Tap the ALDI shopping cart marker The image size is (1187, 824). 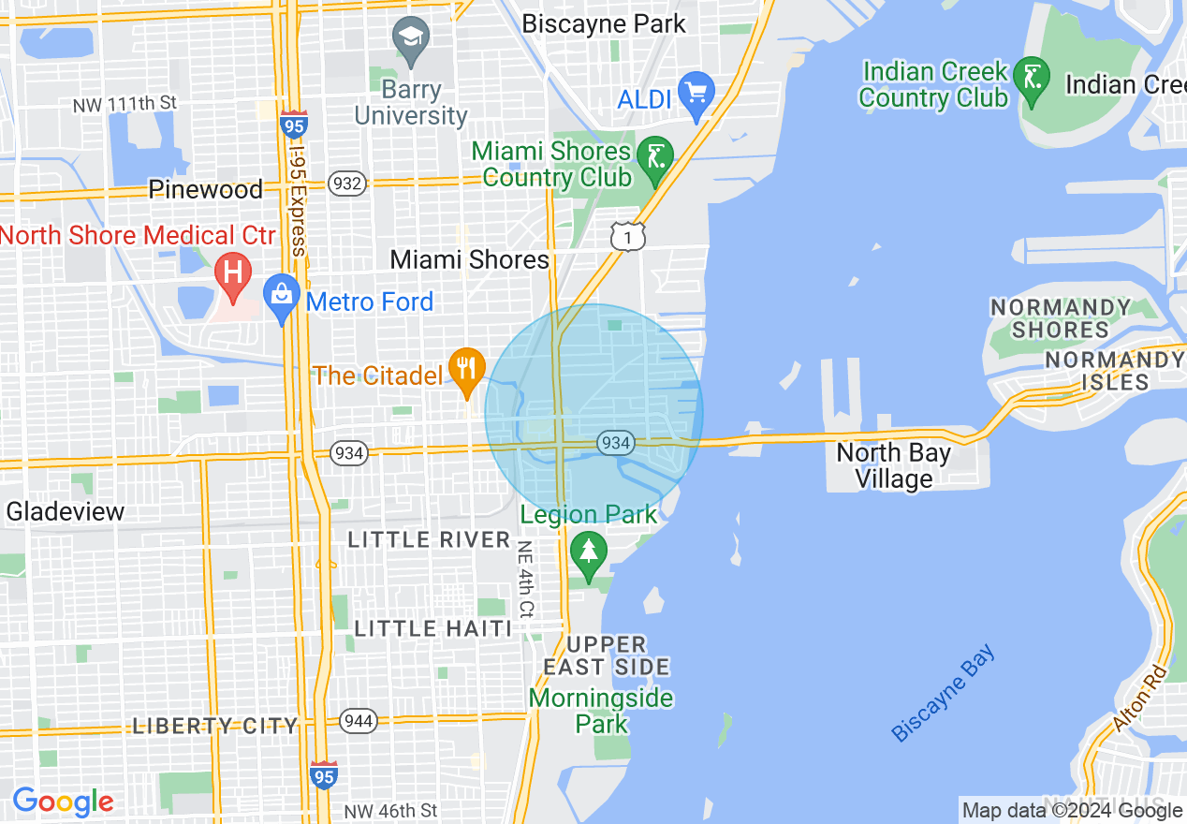(x=696, y=94)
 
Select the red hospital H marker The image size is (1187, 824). (x=232, y=273)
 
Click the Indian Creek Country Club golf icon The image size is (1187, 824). (x=1033, y=77)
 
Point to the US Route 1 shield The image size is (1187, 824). (x=627, y=237)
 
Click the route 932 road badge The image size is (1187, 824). (x=347, y=184)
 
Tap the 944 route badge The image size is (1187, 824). (x=359, y=721)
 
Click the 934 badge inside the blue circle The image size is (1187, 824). (x=616, y=442)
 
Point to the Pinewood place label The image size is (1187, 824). (x=206, y=190)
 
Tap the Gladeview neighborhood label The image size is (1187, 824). (x=66, y=511)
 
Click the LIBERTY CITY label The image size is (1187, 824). (x=215, y=726)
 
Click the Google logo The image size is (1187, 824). (x=63, y=802)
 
